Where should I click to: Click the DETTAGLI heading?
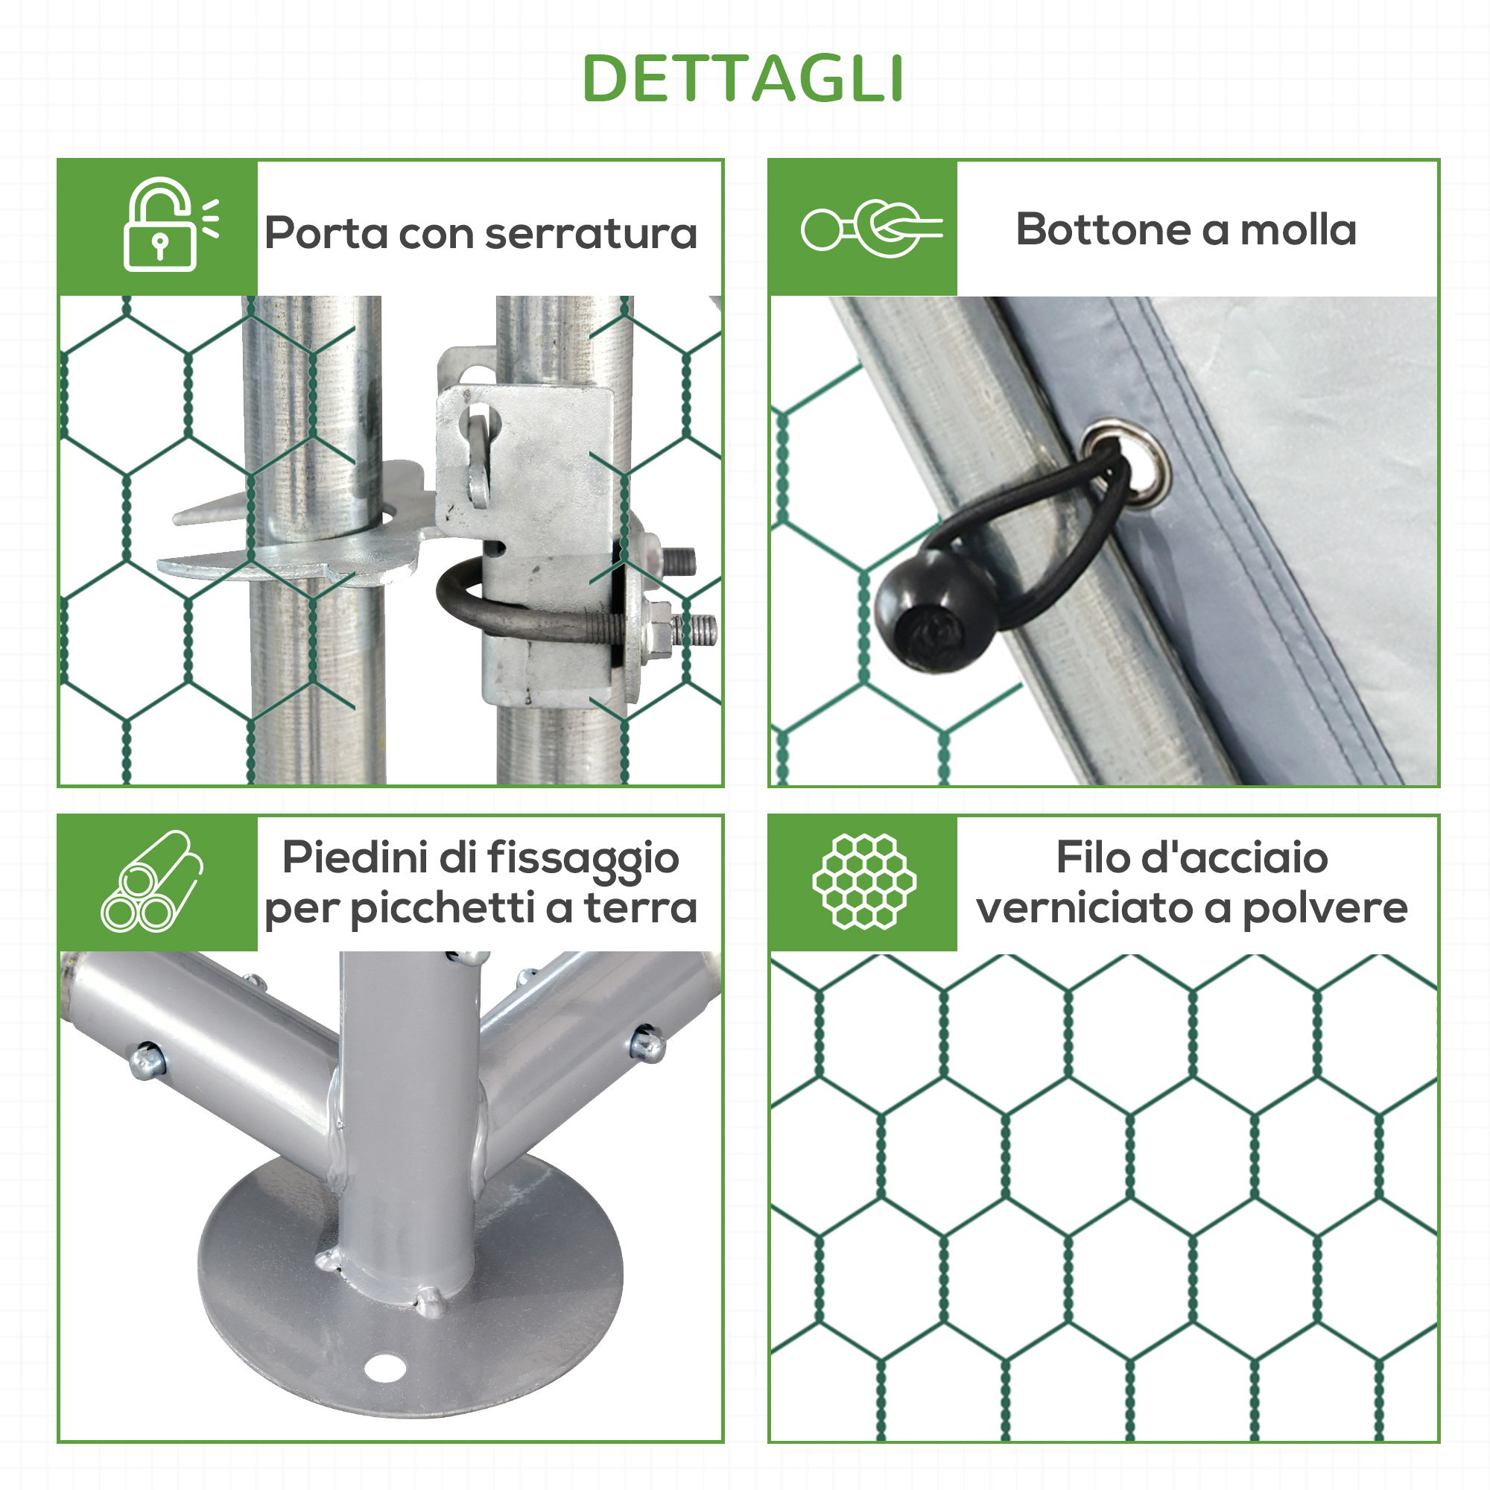[x=743, y=78]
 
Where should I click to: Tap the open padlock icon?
[x=171, y=224]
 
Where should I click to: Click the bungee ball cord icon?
[x=872, y=229]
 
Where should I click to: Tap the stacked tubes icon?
[x=152, y=881]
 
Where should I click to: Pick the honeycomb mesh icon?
[x=863, y=881]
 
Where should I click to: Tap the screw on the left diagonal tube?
[x=147, y=1059]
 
